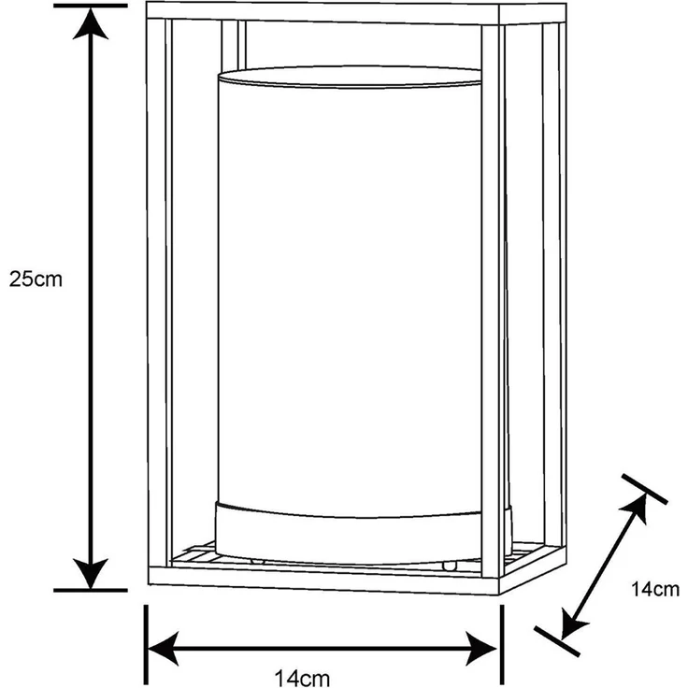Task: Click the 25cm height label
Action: click(x=36, y=279)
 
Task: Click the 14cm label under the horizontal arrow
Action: click(x=302, y=678)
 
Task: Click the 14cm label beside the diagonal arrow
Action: click(x=654, y=589)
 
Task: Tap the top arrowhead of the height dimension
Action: click(x=91, y=24)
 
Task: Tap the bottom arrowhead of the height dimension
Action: click(x=91, y=573)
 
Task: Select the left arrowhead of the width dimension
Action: click(x=164, y=648)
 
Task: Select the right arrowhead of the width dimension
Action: click(x=481, y=648)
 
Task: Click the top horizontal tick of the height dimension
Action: click(x=91, y=6)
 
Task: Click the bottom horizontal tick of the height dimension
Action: click(x=91, y=591)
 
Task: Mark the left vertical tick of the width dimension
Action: click(x=146, y=644)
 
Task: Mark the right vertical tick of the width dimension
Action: click(x=502, y=644)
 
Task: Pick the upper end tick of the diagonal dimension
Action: click(x=645, y=489)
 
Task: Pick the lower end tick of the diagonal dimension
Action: click(x=557, y=641)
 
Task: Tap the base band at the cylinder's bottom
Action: click(x=350, y=537)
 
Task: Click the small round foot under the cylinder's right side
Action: click(x=450, y=566)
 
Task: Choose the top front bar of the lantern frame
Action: click(x=322, y=12)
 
